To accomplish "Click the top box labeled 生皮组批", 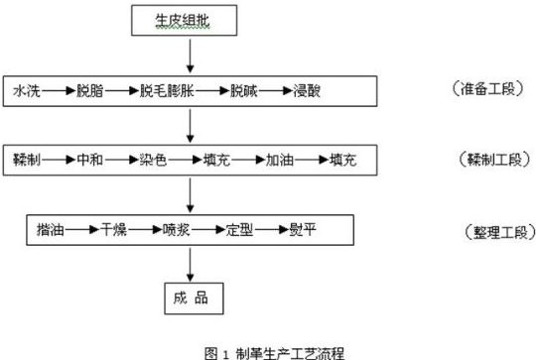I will click(x=189, y=21).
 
